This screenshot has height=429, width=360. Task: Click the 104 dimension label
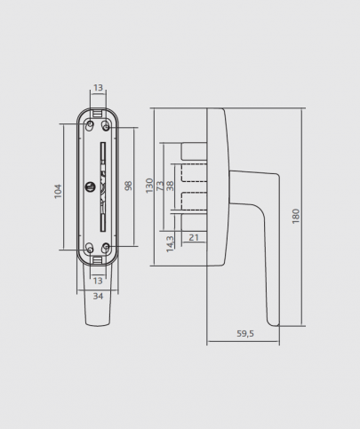click(58, 191)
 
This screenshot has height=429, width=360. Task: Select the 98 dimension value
click(128, 186)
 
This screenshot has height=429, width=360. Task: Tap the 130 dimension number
click(149, 186)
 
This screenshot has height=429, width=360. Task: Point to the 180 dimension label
click(296, 216)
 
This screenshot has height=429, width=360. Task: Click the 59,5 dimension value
click(245, 334)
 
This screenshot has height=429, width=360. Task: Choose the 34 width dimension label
click(98, 296)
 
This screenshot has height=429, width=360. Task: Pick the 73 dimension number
click(160, 186)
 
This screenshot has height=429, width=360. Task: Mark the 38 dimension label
click(170, 186)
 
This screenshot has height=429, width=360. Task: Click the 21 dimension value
click(194, 237)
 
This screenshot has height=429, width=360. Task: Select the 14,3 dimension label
click(170, 244)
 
